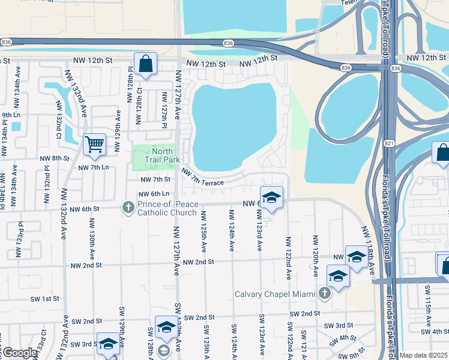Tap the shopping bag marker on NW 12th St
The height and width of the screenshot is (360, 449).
[x=145, y=64]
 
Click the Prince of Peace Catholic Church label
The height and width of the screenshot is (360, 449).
[x=167, y=208]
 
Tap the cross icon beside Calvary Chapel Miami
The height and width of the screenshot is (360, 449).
[x=325, y=293]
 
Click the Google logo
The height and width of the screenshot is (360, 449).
[x=19, y=353]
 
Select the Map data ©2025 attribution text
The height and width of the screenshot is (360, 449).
[x=423, y=355]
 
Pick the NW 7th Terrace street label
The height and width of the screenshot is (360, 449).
[x=203, y=177]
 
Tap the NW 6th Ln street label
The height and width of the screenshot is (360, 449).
[x=154, y=194]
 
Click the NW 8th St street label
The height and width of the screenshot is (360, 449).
[x=55, y=158]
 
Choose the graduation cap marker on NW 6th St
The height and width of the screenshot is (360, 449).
[x=271, y=198]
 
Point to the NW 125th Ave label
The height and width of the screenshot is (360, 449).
[x=204, y=231]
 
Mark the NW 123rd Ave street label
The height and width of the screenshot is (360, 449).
[x=259, y=231]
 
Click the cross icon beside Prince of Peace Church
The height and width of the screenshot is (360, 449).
[x=128, y=208]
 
